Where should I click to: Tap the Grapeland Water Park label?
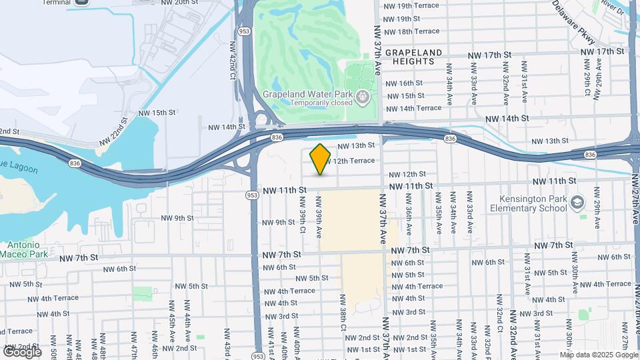click(307, 94)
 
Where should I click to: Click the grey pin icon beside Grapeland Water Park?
click(363, 98)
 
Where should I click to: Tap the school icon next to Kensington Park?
click(577, 203)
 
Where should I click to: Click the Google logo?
click(23, 351)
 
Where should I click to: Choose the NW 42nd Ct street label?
click(233, 67)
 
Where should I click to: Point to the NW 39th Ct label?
click(302, 215)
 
